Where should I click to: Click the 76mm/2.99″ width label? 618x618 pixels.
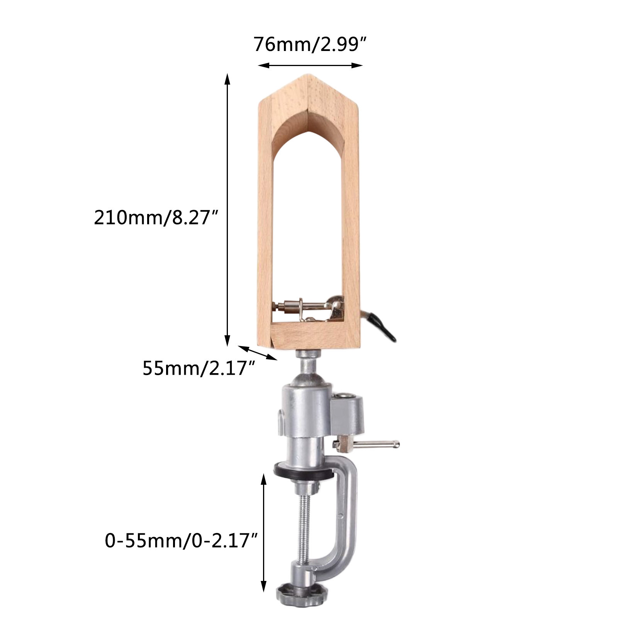pos(309,45)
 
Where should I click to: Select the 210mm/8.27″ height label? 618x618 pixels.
pos(157,217)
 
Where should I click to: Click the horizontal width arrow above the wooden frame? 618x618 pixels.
pos(310,66)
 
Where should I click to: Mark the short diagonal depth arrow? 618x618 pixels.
pos(258,353)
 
